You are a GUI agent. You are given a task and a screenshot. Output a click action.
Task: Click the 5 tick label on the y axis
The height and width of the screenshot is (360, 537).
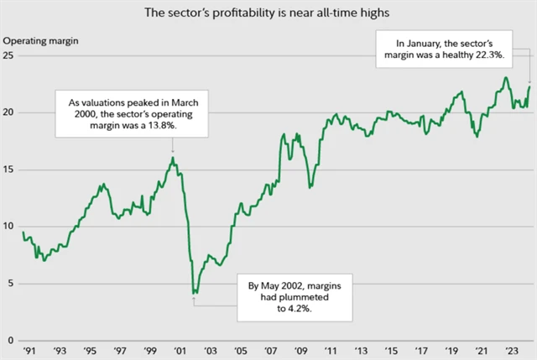[x=10, y=284]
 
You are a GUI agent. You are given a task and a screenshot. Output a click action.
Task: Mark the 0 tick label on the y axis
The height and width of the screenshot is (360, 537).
[x=10, y=341]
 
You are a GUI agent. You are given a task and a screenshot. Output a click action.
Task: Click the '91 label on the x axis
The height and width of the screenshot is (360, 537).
[x=29, y=351]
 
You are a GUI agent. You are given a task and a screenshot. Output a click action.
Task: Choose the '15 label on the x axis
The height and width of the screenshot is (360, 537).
[x=391, y=351]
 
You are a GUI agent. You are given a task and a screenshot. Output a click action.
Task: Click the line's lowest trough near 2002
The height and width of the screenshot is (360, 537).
[x=195, y=293]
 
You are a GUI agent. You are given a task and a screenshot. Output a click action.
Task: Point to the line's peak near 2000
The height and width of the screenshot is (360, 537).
[x=172, y=158]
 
